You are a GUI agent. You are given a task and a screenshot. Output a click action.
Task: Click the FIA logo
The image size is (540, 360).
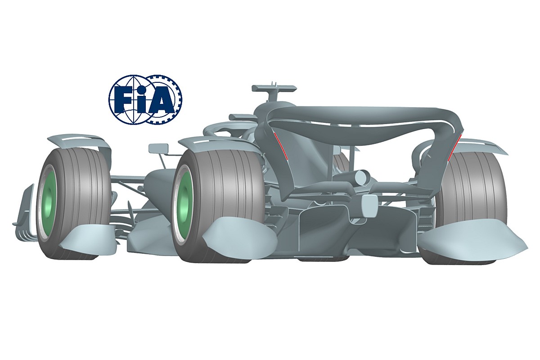pos(146,99)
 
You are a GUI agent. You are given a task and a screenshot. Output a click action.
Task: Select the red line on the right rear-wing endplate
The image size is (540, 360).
pos(454,148)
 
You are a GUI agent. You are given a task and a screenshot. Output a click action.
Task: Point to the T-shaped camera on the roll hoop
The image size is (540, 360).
pos(274,93)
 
